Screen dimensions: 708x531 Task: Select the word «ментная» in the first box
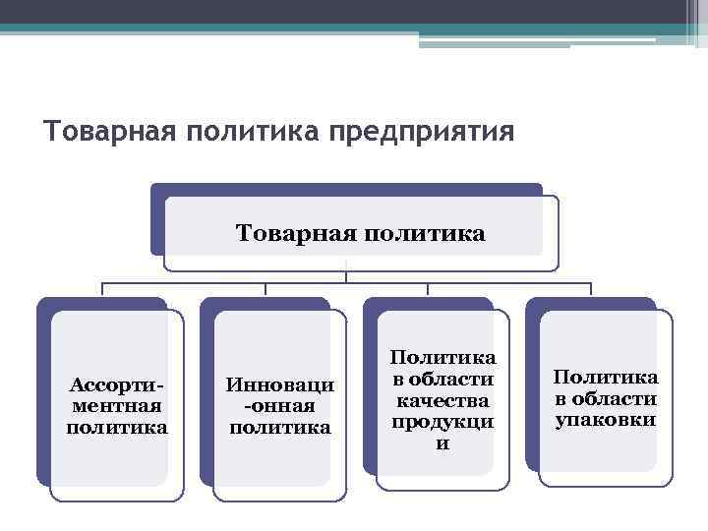click(x=117, y=404)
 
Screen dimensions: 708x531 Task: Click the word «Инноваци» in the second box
click(x=280, y=384)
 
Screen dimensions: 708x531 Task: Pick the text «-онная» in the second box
click(x=280, y=405)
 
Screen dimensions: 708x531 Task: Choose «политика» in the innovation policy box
click(x=280, y=427)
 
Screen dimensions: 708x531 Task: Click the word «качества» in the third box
click(x=442, y=400)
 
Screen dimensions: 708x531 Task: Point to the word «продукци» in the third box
click(x=442, y=421)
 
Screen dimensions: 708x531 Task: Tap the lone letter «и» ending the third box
click(x=442, y=442)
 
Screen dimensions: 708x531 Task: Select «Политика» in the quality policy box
click(x=442, y=357)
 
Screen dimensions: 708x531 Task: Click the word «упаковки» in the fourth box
click(x=606, y=420)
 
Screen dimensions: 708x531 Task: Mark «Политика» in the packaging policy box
click(x=606, y=377)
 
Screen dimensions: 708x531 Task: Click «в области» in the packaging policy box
click(x=606, y=398)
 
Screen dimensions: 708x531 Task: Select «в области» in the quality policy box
click(x=442, y=379)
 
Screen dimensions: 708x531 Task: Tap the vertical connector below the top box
click(x=347, y=276)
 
